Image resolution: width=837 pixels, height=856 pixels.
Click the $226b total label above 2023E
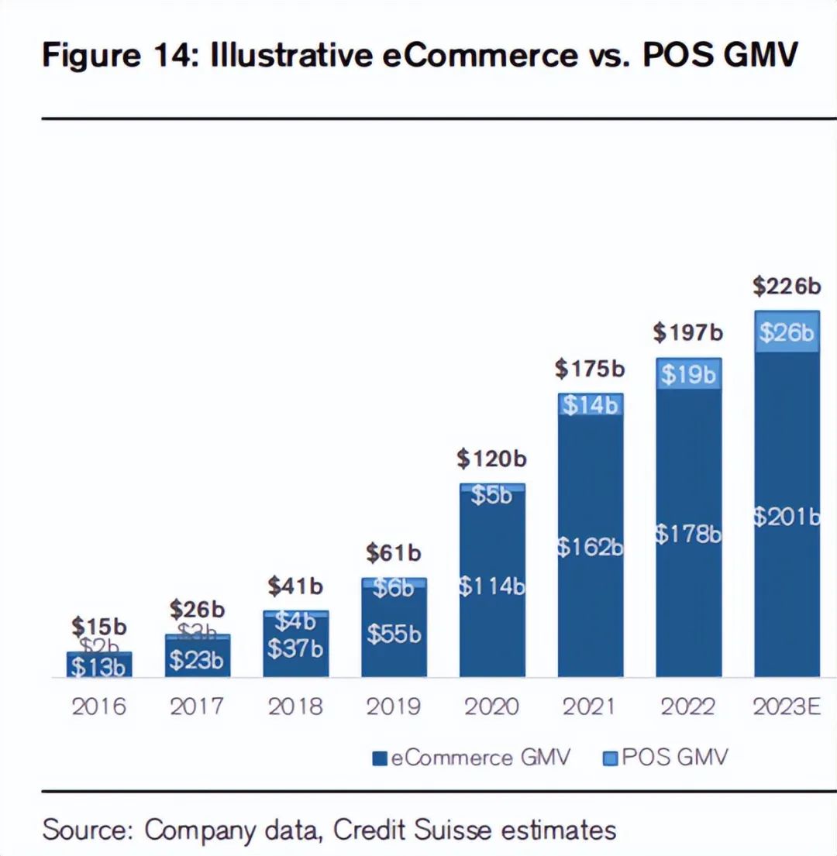pos(787,287)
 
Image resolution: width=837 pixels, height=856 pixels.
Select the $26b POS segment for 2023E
pos(787,332)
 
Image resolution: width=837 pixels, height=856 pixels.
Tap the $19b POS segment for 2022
pos(688,374)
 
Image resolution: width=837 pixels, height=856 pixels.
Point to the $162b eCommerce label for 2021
pos(591,548)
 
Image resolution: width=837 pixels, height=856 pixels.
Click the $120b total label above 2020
pos(491,459)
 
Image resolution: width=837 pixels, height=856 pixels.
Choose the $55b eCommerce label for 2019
pos(394,634)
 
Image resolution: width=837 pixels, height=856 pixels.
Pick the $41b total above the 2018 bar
pos(295,586)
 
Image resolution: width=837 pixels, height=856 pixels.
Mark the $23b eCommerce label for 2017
pos(197,660)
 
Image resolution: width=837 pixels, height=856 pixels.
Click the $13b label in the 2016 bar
pos(99,666)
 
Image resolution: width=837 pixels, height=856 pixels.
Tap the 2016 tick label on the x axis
pos(99,706)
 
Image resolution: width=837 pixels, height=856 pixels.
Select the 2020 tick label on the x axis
pos(491,706)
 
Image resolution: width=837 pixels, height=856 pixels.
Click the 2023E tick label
pos(787,706)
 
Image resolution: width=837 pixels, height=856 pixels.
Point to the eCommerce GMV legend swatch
pos(380,758)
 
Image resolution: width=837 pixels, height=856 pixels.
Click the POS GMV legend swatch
pos(609,758)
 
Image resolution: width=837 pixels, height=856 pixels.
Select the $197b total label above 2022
pos(688,333)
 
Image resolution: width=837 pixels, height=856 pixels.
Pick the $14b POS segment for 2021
pos(591,404)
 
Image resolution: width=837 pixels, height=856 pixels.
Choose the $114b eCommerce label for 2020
pos(491,586)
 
